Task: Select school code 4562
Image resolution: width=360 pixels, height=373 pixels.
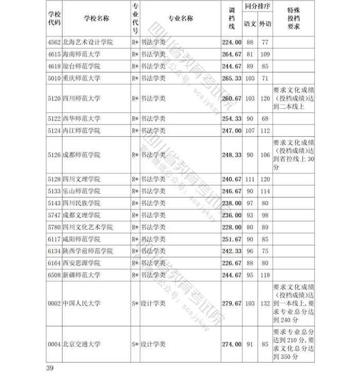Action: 54,43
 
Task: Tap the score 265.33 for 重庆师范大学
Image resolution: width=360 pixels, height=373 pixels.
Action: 231,78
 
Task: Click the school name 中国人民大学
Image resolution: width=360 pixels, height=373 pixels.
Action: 82,304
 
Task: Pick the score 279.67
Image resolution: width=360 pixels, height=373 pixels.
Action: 231,304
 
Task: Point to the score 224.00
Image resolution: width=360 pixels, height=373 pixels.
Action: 231,43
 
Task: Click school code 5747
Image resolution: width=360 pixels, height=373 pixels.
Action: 54,215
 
